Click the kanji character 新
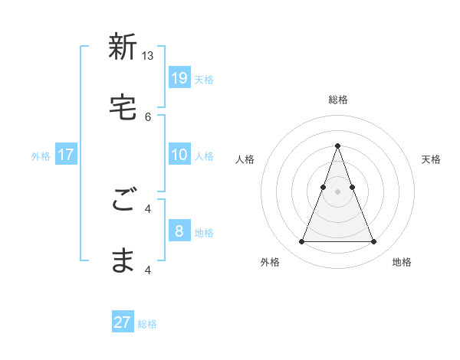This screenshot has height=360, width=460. (123, 47)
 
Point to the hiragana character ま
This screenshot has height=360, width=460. (123, 260)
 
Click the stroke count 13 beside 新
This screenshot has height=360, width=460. (148, 56)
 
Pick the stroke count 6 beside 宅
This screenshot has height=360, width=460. (148, 116)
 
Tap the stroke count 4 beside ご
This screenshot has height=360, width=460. (148, 208)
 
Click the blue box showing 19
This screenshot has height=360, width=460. (179, 77)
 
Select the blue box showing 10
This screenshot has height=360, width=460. (179, 154)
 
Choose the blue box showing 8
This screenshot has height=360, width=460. (179, 231)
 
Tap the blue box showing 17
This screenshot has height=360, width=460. (66, 154)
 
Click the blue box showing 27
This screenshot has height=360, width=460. (123, 322)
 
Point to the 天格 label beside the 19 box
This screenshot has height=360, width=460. (204, 79)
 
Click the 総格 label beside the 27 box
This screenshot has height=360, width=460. (147, 324)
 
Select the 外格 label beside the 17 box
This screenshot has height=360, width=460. (41, 156)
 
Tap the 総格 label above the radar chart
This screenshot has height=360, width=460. (337, 100)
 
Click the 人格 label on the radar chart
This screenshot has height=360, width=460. (245, 159)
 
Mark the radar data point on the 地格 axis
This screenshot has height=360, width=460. (373, 242)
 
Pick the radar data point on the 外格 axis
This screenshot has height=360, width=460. (301, 242)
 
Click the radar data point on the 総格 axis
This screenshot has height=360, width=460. (337, 146)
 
